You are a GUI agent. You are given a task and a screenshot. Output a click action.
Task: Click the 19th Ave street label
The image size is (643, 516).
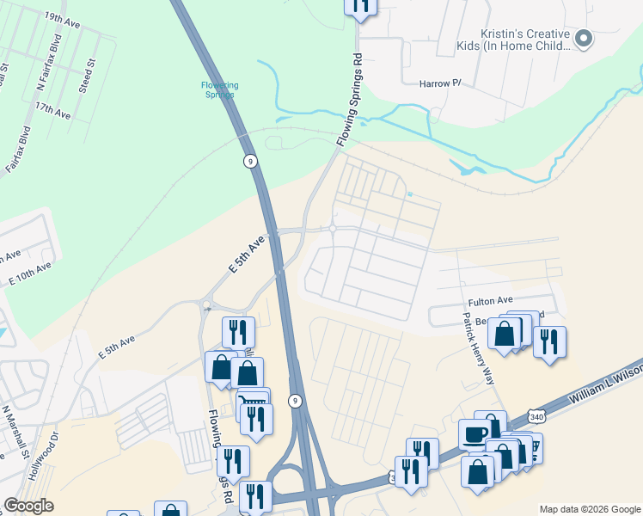tap(62, 21)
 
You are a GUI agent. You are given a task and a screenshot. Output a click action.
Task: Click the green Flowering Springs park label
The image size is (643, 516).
tap(219, 89)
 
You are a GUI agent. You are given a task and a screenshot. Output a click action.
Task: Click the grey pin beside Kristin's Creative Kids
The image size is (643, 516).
tap(584, 38)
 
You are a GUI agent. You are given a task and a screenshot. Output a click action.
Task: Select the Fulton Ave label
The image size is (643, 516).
tap(490, 302)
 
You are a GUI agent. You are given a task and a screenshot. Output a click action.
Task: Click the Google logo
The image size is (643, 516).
tap(28, 506)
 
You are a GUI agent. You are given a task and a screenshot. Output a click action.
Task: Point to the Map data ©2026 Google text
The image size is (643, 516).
tap(589, 509)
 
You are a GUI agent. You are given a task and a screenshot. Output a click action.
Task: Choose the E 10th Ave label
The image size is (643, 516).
tap(30, 273)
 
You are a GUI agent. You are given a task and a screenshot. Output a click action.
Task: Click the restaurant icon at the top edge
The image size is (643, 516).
tap(361, 5)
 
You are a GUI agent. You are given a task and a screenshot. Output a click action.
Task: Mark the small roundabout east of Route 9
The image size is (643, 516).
tap(332, 229)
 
